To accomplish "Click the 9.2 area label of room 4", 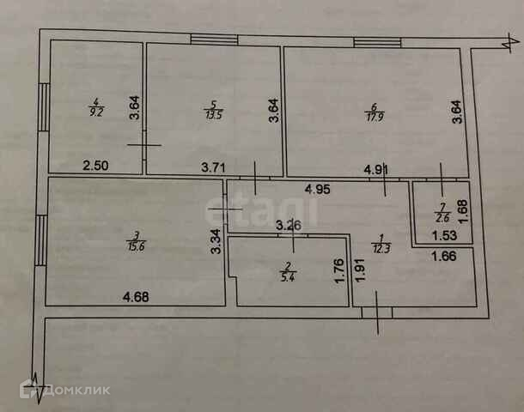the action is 94,111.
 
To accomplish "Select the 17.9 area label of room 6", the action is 373,112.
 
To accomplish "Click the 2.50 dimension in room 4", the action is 95,166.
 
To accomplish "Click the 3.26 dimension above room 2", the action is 289,227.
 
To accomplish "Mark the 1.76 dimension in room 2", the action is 338,273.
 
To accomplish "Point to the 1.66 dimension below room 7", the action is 442,254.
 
